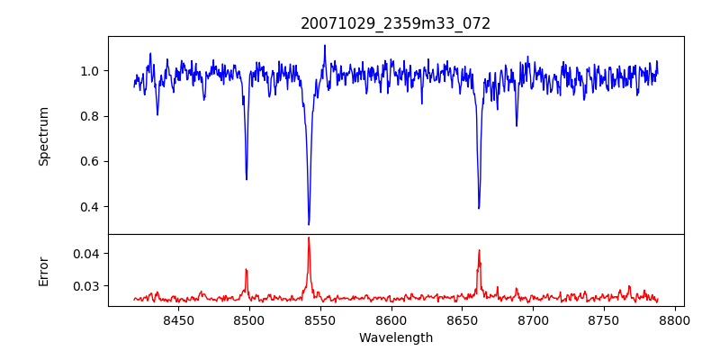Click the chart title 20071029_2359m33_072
point(395,23)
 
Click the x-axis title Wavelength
point(395,338)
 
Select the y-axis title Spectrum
point(44,136)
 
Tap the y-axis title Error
point(44,271)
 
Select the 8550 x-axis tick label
point(320,319)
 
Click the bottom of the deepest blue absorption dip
point(309,224)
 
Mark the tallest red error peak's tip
point(309,238)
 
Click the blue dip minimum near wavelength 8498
point(247,179)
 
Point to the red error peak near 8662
point(479,250)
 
